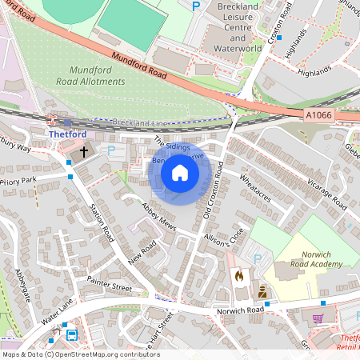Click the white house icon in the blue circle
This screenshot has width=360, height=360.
[180, 173]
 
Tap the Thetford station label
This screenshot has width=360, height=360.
[67, 134]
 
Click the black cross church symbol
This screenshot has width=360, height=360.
[84, 150]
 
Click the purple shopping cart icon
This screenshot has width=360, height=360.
[318, 318]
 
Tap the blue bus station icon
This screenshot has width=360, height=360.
[72, 335]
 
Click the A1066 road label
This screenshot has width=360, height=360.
[319, 115]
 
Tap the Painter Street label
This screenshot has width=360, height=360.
[110, 284]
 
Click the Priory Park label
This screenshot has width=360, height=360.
[18, 182]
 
